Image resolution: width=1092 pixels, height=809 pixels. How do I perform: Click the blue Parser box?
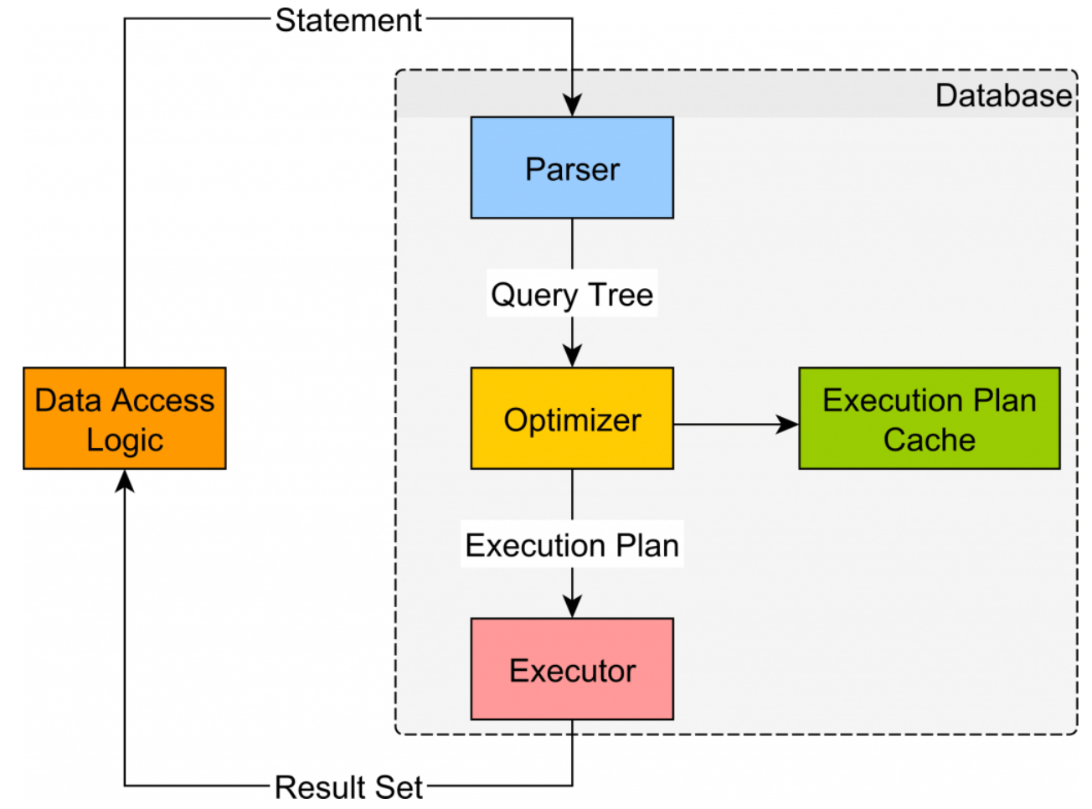pos(572,167)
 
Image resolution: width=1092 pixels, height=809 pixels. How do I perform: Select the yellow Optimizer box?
pos(572,418)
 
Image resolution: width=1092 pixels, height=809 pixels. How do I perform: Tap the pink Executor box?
pos(572,669)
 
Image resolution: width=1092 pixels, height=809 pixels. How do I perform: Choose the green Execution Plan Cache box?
pos(929,418)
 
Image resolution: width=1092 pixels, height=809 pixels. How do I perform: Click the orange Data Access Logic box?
pos(125,418)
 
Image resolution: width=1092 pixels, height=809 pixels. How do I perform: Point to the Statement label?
pos(348,20)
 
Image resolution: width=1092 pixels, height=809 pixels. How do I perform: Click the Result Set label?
pos(348,787)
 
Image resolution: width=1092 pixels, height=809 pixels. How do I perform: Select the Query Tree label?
pos(572,294)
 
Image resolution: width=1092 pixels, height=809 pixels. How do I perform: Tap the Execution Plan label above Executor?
pos(572,545)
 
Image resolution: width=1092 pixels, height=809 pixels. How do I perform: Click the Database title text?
pos(1003,95)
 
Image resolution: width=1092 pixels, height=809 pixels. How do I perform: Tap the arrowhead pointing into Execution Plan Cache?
pos(788,425)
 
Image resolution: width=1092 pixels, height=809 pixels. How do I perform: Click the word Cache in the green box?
pos(929,440)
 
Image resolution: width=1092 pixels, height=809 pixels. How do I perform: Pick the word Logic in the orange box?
pos(125,440)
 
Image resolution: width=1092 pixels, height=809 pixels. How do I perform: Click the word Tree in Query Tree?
pos(621,294)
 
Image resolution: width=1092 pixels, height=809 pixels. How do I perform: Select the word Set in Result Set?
pos(399,787)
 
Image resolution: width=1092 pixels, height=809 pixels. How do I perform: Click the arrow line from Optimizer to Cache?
pos(729,425)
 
